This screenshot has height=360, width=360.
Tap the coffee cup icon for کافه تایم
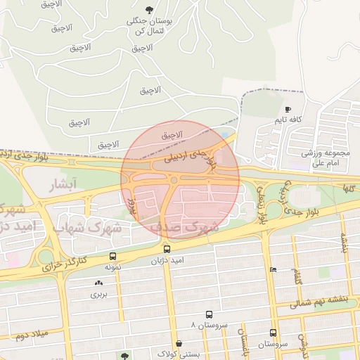pyautogui.click(x=288, y=109)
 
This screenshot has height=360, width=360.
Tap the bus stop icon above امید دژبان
pyautogui.click(x=167, y=249)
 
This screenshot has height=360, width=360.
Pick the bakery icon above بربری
pyautogui.click(x=98, y=283)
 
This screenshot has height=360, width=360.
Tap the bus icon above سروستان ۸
pyautogui.click(x=209, y=314)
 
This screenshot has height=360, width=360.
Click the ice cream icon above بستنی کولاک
pyautogui.click(x=181, y=345)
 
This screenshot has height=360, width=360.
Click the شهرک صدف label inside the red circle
pyautogui.click(x=190, y=228)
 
